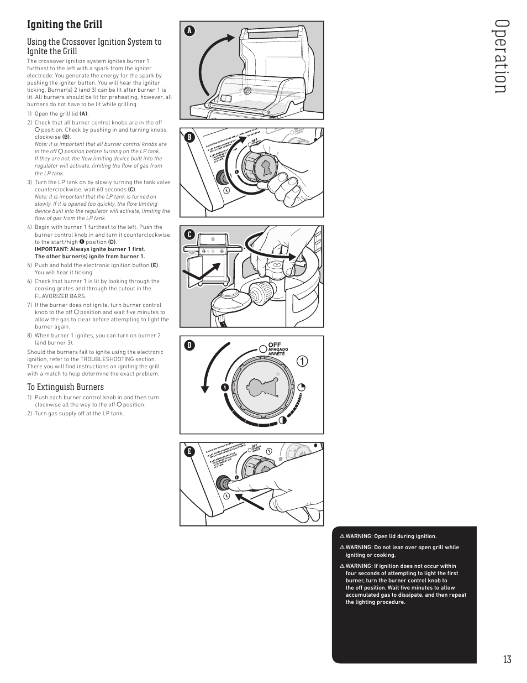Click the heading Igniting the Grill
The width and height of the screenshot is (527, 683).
[x=65, y=25]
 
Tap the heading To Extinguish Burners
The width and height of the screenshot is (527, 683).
[x=65, y=387]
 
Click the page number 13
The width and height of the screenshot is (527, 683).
[x=507, y=659]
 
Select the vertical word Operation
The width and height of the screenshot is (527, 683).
[x=500, y=57]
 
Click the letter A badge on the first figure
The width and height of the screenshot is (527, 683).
[x=189, y=31]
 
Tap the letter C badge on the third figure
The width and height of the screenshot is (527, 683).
[x=189, y=235]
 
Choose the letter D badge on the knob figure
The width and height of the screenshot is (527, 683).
[x=189, y=345]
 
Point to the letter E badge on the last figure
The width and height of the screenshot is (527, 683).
[x=189, y=451]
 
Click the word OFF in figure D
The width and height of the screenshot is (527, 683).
[x=275, y=345]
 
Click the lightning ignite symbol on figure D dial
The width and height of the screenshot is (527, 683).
[x=225, y=387]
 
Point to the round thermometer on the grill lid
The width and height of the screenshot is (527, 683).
[x=247, y=90]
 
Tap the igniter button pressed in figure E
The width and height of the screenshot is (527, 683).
[x=224, y=482]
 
